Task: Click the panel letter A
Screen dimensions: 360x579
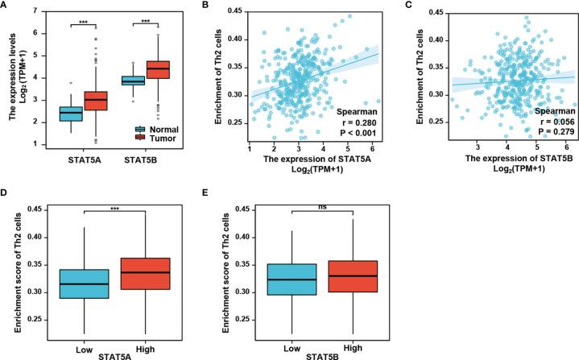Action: [5, 6]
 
